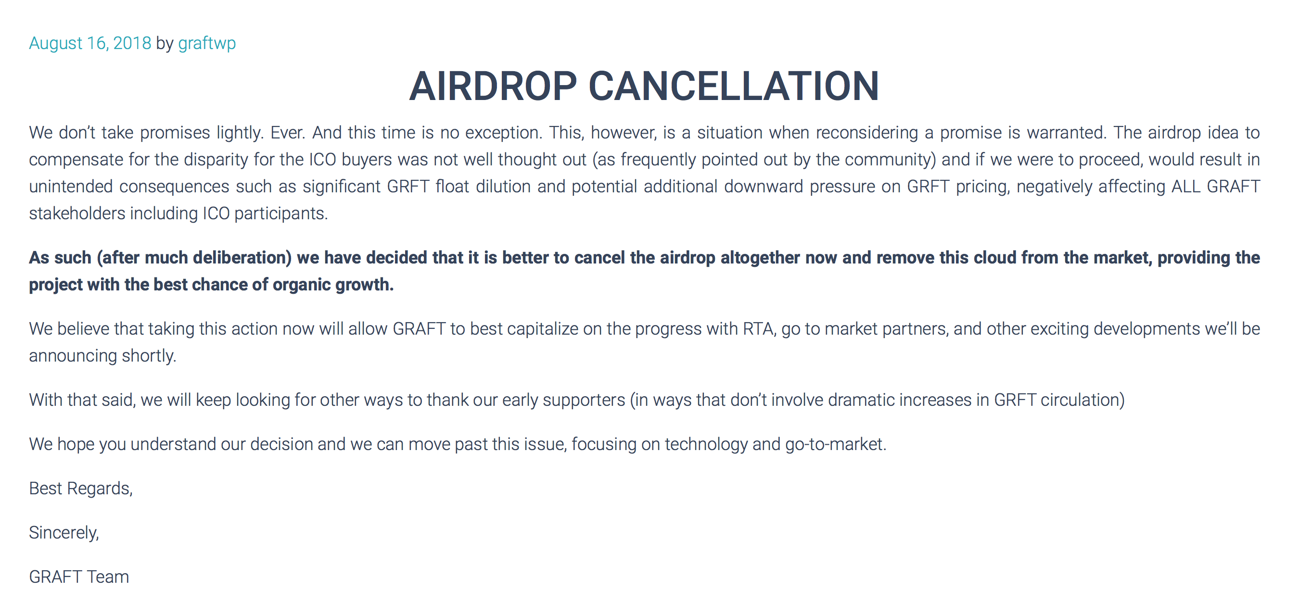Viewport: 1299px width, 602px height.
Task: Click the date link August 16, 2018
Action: [x=90, y=43]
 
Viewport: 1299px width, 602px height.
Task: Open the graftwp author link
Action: [x=207, y=44]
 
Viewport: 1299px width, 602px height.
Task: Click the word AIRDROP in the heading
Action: [x=493, y=86]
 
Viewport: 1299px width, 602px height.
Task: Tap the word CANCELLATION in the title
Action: [x=734, y=86]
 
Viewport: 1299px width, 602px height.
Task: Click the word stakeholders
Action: [x=77, y=213]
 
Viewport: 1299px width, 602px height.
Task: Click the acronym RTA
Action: [x=759, y=329]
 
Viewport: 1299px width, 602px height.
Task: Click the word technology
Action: [x=706, y=444]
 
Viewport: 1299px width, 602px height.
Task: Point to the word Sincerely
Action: [x=64, y=533]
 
